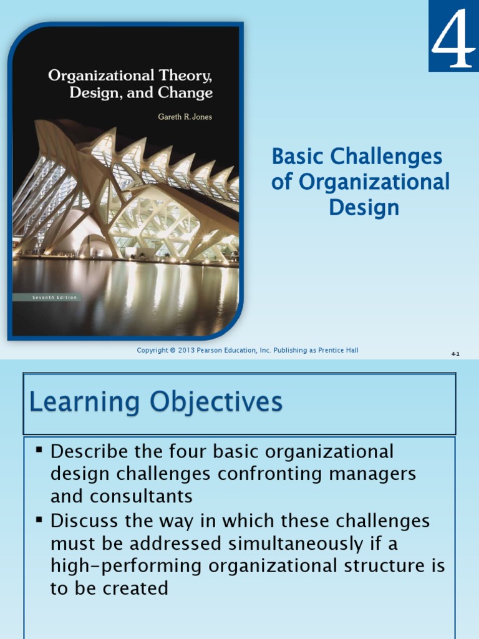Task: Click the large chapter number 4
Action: tap(453, 38)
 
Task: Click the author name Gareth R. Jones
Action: tap(185, 117)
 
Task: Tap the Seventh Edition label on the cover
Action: tap(55, 298)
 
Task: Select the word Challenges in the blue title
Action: tap(386, 157)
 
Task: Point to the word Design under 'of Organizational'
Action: tap(364, 207)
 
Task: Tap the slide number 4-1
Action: tap(455, 354)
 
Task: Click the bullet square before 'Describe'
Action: tap(39, 450)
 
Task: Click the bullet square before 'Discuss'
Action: tap(39, 519)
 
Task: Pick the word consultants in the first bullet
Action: tap(141, 496)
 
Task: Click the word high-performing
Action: tap(126, 566)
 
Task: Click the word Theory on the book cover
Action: tap(185, 76)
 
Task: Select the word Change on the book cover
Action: tap(185, 93)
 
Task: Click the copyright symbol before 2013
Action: tap(173, 350)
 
